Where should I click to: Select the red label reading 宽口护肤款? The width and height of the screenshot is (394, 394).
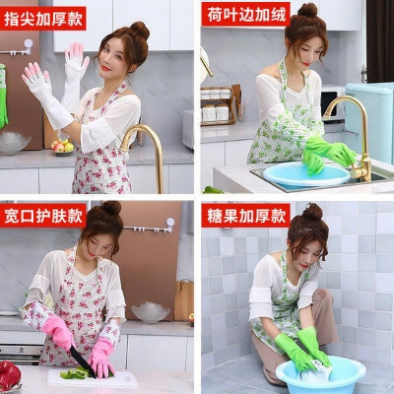pos(44,214)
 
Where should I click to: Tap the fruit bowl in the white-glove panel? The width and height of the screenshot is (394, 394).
pos(62,146)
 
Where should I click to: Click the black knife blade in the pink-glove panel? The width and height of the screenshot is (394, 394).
pos(79,361)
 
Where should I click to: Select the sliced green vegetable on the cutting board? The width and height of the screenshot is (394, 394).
pos(75,374)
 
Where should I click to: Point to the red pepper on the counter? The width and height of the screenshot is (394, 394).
pos(9,375)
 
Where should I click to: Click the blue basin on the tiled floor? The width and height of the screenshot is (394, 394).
pos(320,374)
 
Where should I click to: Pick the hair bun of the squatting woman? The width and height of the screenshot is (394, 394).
pos(312,211)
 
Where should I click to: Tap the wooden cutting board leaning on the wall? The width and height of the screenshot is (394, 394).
pos(183,300)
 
